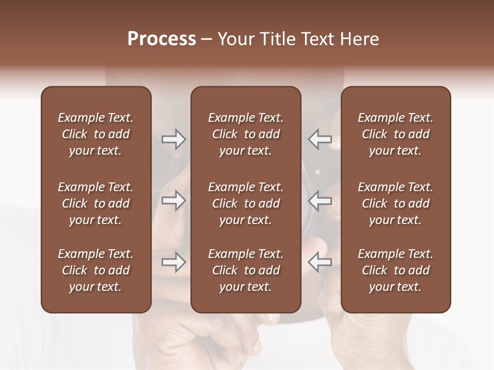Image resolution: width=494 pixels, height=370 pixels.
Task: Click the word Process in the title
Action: (x=162, y=39)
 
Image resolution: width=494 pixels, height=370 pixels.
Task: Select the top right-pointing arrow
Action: (x=174, y=139)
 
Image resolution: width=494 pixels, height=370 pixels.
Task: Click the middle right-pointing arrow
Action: (x=174, y=201)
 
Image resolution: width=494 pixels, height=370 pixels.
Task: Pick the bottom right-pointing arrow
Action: (x=174, y=263)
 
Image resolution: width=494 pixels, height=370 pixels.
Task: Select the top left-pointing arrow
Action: (x=320, y=139)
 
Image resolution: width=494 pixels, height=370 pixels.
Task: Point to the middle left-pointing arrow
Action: (x=320, y=201)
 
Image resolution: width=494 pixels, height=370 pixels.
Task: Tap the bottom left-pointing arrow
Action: (x=320, y=263)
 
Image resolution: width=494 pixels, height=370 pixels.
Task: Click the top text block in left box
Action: (x=96, y=134)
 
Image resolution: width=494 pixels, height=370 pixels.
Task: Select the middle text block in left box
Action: (x=96, y=203)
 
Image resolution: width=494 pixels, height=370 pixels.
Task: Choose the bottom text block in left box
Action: (x=96, y=270)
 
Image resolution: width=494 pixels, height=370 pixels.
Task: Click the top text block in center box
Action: (x=245, y=134)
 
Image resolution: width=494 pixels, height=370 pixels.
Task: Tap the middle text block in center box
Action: (x=245, y=203)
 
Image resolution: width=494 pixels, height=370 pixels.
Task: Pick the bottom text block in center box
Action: (x=245, y=270)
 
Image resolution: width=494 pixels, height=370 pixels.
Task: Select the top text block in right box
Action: (x=395, y=134)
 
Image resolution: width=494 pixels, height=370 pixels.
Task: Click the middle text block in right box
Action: (x=395, y=203)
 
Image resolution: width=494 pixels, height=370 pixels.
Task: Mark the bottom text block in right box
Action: (x=395, y=270)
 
